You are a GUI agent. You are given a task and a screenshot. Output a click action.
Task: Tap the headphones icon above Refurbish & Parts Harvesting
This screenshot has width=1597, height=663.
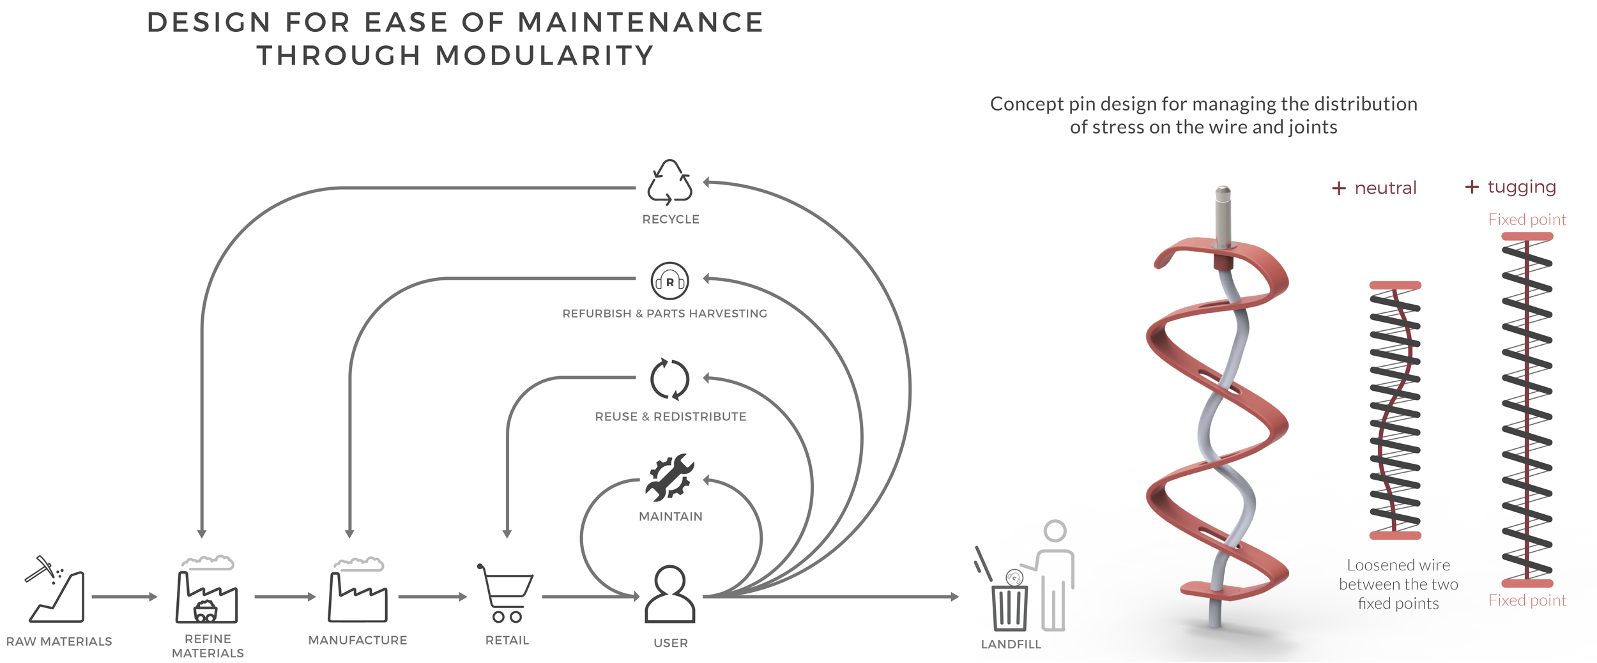[669, 280]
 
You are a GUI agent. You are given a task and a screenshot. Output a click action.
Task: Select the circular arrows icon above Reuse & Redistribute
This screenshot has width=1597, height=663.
[669, 379]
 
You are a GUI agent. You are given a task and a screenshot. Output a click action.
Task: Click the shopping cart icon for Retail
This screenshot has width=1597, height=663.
[506, 593]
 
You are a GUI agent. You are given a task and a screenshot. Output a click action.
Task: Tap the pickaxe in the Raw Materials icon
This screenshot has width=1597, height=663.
[40, 568]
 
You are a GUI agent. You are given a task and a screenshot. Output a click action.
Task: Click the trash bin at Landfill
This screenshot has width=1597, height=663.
[1010, 607]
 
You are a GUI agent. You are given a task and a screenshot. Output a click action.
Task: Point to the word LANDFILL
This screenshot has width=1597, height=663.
[1011, 644]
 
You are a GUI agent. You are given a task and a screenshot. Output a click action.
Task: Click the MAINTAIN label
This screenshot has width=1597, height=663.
[670, 516]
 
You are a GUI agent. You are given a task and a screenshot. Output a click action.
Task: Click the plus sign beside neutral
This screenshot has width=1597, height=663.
[1338, 188]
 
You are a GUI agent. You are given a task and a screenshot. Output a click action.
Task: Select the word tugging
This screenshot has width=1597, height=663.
[1522, 187]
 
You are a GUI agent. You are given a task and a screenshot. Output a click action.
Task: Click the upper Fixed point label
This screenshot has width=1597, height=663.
[1527, 220]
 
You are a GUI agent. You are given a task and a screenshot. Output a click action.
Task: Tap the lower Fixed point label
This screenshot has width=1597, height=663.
[1527, 600]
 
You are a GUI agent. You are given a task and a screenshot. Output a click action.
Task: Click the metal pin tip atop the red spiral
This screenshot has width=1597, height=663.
[1223, 192]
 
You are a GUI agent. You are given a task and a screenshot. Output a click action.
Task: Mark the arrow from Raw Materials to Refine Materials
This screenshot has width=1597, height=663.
[124, 597]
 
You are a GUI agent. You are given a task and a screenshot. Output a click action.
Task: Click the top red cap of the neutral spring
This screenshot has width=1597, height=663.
[1395, 286]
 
